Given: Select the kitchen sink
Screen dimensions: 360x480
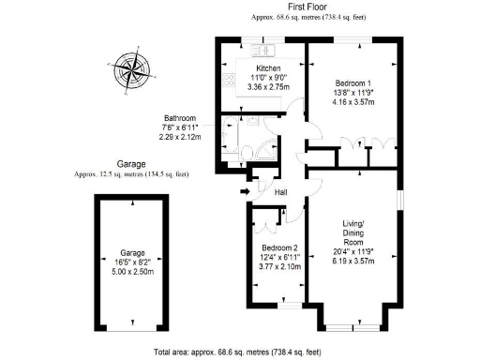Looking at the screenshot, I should coord(263,51).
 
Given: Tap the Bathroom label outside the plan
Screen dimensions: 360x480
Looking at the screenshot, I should coord(180,118).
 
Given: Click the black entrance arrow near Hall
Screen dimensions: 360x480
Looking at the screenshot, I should coord(247,192).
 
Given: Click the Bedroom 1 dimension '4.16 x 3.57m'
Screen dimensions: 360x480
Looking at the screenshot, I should coord(353,101).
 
